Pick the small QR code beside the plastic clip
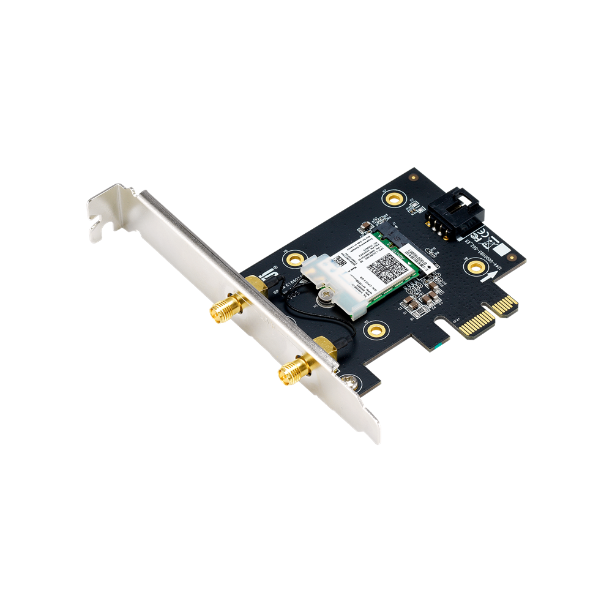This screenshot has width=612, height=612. [x=337, y=261]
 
